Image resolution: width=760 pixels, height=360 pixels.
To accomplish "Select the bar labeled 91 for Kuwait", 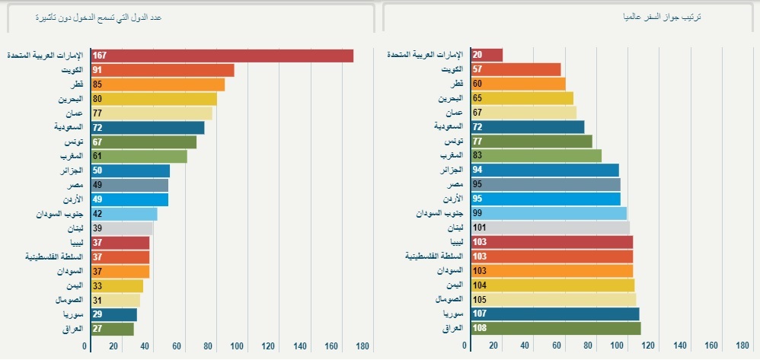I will click(x=162, y=70).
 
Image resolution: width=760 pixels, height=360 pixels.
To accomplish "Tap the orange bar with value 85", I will click(x=158, y=84).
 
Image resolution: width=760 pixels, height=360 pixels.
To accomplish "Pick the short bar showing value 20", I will click(x=487, y=55).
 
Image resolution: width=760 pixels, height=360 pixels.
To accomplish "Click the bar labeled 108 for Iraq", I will click(x=556, y=329).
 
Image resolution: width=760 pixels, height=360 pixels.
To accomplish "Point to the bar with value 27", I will click(x=113, y=329).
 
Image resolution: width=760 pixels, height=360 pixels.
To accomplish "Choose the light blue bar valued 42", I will click(x=124, y=214).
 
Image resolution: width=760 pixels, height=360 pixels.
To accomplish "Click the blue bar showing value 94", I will click(x=545, y=170).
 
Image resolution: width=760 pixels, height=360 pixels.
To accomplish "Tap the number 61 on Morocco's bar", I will click(x=97, y=156).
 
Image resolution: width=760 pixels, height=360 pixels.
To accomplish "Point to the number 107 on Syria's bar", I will click(x=479, y=314).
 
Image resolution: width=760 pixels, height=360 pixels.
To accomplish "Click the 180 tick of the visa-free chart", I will click(x=362, y=346).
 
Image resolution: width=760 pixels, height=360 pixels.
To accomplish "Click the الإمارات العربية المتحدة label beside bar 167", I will click(x=49, y=56).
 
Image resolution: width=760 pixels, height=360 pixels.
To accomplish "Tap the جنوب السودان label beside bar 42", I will click(x=59, y=214).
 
